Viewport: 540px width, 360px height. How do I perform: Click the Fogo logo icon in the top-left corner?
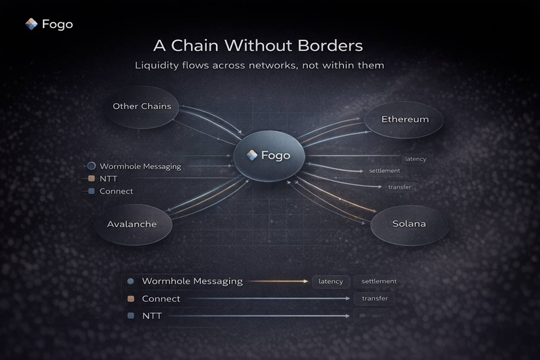pyautogui.click(x=31, y=24)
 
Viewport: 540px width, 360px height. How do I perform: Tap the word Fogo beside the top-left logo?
pyautogui.click(x=57, y=25)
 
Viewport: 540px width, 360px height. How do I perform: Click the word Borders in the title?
pyautogui.click(x=328, y=46)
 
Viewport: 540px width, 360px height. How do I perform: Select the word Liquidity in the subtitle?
pyautogui.click(x=158, y=65)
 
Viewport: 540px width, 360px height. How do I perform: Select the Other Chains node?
pyautogui.click(x=142, y=106)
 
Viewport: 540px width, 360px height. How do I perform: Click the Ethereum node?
pyautogui.click(x=405, y=119)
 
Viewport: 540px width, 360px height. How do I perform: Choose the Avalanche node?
pyautogui.click(x=132, y=224)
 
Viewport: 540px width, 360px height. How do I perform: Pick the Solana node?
pyautogui.click(x=409, y=224)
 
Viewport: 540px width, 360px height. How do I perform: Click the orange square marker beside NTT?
pyautogui.click(x=91, y=179)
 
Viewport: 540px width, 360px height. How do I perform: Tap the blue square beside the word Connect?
pyautogui.click(x=91, y=191)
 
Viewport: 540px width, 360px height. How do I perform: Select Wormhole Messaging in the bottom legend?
pyautogui.click(x=192, y=281)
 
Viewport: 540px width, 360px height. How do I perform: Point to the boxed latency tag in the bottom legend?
pyautogui.click(x=331, y=282)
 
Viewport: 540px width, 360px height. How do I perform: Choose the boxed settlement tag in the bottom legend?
pyautogui.click(x=378, y=281)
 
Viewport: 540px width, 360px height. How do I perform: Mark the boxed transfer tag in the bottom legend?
pyautogui.click(x=374, y=299)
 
